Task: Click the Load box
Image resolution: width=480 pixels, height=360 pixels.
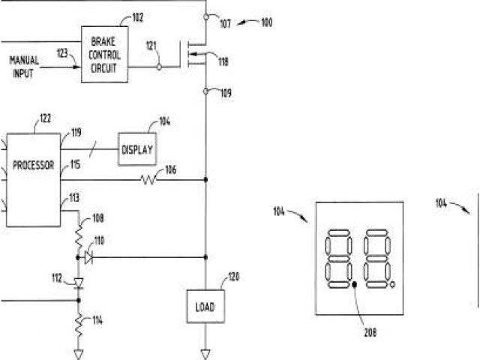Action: (x=205, y=307)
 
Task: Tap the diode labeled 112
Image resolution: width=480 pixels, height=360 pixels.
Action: (x=79, y=283)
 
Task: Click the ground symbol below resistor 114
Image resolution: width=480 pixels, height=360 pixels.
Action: (x=79, y=352)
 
